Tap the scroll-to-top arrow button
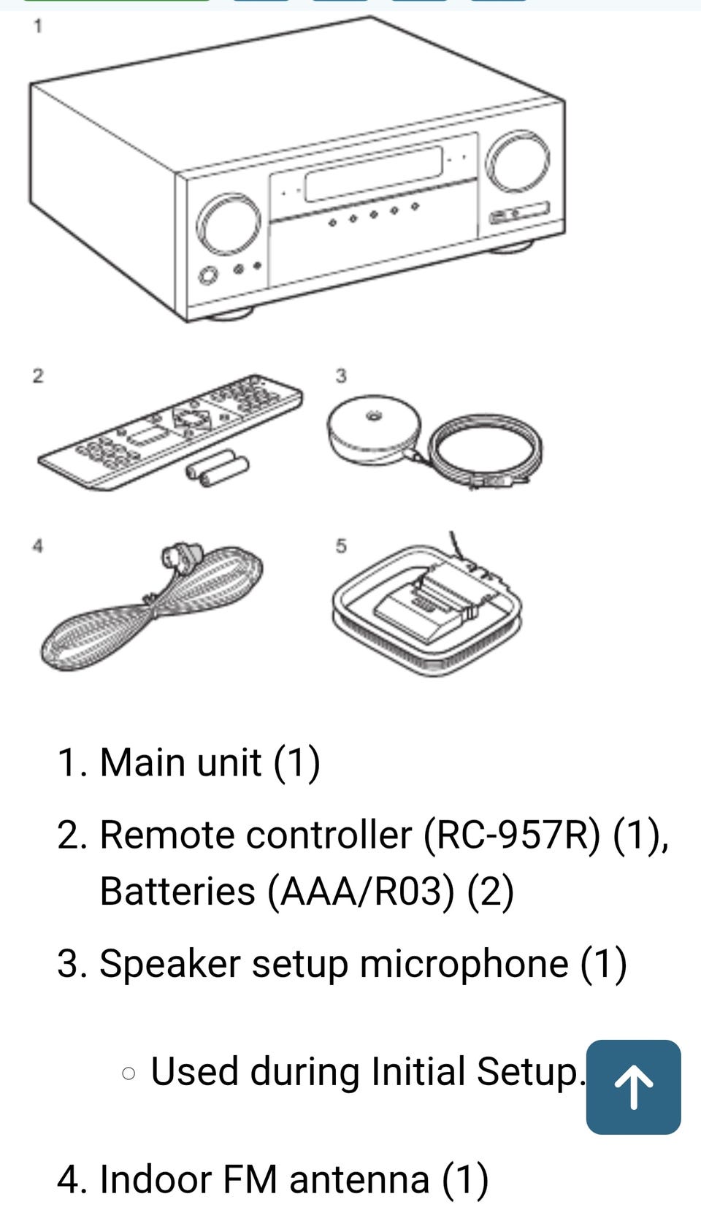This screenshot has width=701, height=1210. point(633,1087)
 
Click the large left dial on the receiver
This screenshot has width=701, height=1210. point(229,225)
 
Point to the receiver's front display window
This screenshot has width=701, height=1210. point(373,174)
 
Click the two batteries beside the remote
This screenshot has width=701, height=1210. point(218,468)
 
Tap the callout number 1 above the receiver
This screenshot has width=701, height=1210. point(38,27)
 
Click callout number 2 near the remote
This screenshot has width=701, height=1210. point(38,375)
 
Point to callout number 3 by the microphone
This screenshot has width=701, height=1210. point(341,375)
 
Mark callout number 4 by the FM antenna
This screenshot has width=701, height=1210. point(38,545)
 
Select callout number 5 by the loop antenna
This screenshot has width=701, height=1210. point(341,545)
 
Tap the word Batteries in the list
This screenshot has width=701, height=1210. point(177,892)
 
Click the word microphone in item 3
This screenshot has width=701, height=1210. point(464,963)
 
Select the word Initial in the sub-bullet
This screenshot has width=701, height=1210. point(418,1071)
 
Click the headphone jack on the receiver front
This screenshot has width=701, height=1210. point(208,276)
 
